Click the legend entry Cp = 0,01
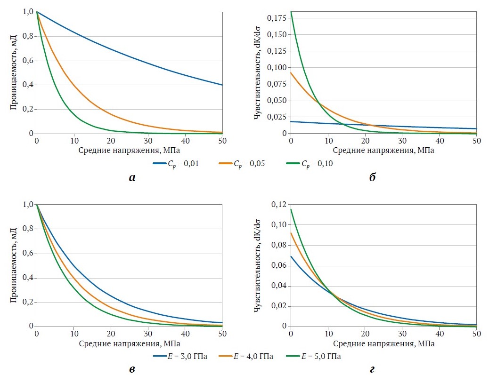(176, 164)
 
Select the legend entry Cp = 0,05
(242, 164)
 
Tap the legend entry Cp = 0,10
(310, 164)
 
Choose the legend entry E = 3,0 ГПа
(180, 356)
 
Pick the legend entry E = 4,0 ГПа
(246, 356)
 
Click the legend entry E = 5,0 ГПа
(313, 356)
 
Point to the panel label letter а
(132, 178)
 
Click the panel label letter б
(372, 177)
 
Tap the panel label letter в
(132, 370)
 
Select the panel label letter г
(372, 370)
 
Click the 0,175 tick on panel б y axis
(277, 18)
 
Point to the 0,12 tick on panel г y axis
(279, 205)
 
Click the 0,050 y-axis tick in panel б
(277, 101)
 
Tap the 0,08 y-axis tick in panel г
(279, 245)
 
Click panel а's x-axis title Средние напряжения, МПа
(129, 151)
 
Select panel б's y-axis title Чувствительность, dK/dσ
(258, 73)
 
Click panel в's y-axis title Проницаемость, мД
(13, 265)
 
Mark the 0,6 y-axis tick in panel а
(28, 60)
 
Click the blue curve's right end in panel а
(222, 85)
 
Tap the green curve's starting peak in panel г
(291, 209)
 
